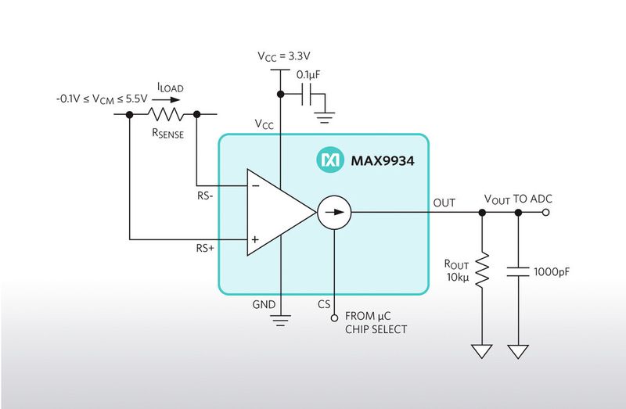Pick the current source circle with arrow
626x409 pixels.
(334, 211)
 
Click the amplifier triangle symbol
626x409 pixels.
(278, 211)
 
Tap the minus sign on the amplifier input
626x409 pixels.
(255, 185)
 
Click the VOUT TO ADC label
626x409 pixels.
(518, 199)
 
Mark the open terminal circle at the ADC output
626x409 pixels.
(545, 211)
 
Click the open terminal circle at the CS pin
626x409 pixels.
(334, 318)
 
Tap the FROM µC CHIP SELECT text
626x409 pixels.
(376, 323)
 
